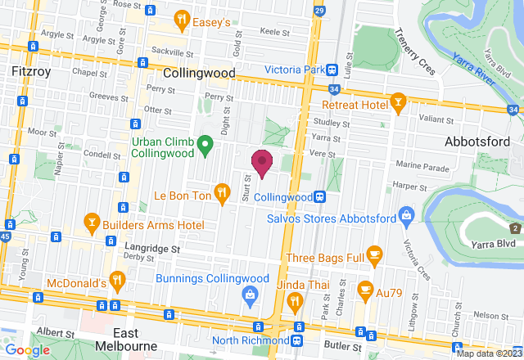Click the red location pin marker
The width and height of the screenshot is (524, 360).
(x=261, y=163)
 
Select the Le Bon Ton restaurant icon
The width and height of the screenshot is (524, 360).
(x=222, y=193)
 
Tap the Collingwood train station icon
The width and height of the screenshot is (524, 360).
(x=321, y=197)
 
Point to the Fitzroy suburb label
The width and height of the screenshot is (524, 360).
(x=33, y=72)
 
